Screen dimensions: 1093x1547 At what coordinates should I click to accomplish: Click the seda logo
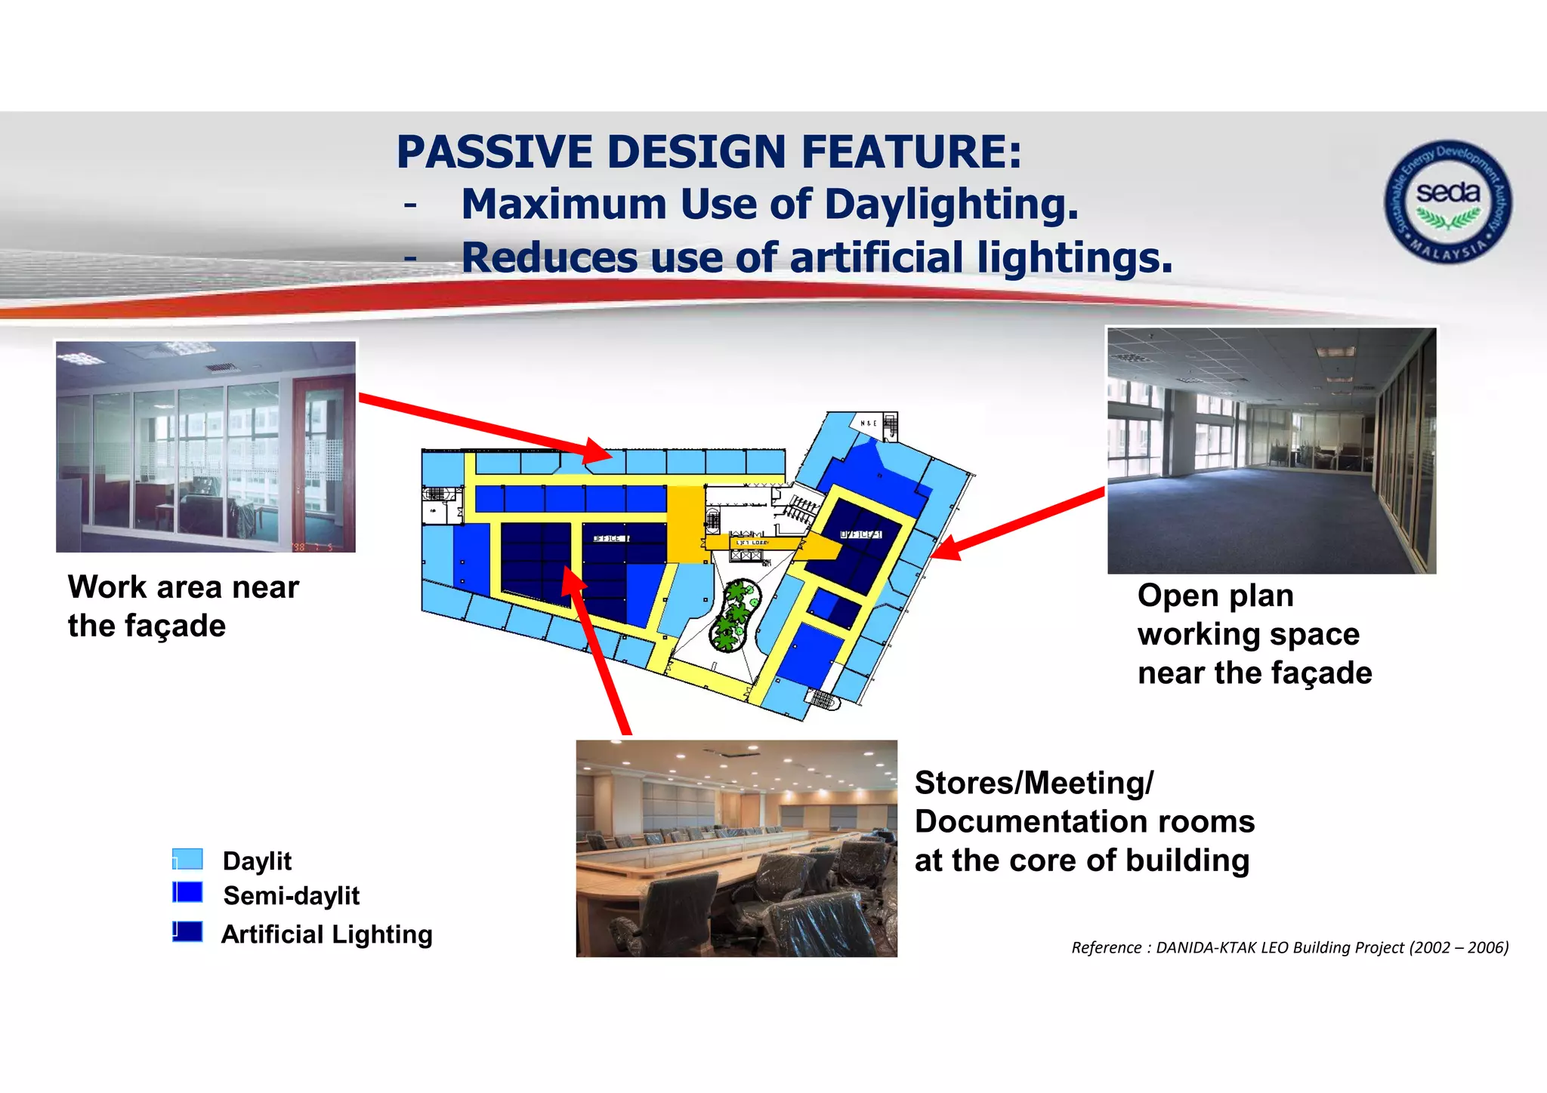pos(1447,202)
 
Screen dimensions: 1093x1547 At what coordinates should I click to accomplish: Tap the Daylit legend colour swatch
pos(187,859)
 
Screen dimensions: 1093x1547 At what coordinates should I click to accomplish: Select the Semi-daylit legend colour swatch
pos(187,893)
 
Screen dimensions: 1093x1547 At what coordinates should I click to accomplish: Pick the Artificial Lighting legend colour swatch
pos(187,931)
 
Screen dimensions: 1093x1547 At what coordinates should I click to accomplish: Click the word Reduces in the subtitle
pos(549,257)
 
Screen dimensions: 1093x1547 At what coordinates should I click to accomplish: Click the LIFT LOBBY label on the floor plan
pos(752,543)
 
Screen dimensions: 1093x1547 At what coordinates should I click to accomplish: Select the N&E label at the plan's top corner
pos(869,423)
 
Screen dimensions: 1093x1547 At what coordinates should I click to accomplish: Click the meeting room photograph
pos(736,848)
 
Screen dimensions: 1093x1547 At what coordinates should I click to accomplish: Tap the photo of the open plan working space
pos(1271,451)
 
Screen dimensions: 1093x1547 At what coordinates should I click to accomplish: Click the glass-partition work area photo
pos(205,447)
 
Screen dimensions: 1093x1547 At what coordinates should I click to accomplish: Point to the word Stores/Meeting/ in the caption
pos(1033,783)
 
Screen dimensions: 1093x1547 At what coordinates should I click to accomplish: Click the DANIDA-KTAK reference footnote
pos(1289,947)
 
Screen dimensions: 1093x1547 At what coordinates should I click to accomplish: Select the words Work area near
pos(184,587)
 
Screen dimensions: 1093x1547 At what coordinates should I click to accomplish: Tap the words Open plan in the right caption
pos(1215,596)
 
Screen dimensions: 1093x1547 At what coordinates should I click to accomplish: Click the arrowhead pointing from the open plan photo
pos(944,548)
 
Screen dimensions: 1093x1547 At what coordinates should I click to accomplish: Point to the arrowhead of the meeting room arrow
pos(572,581)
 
